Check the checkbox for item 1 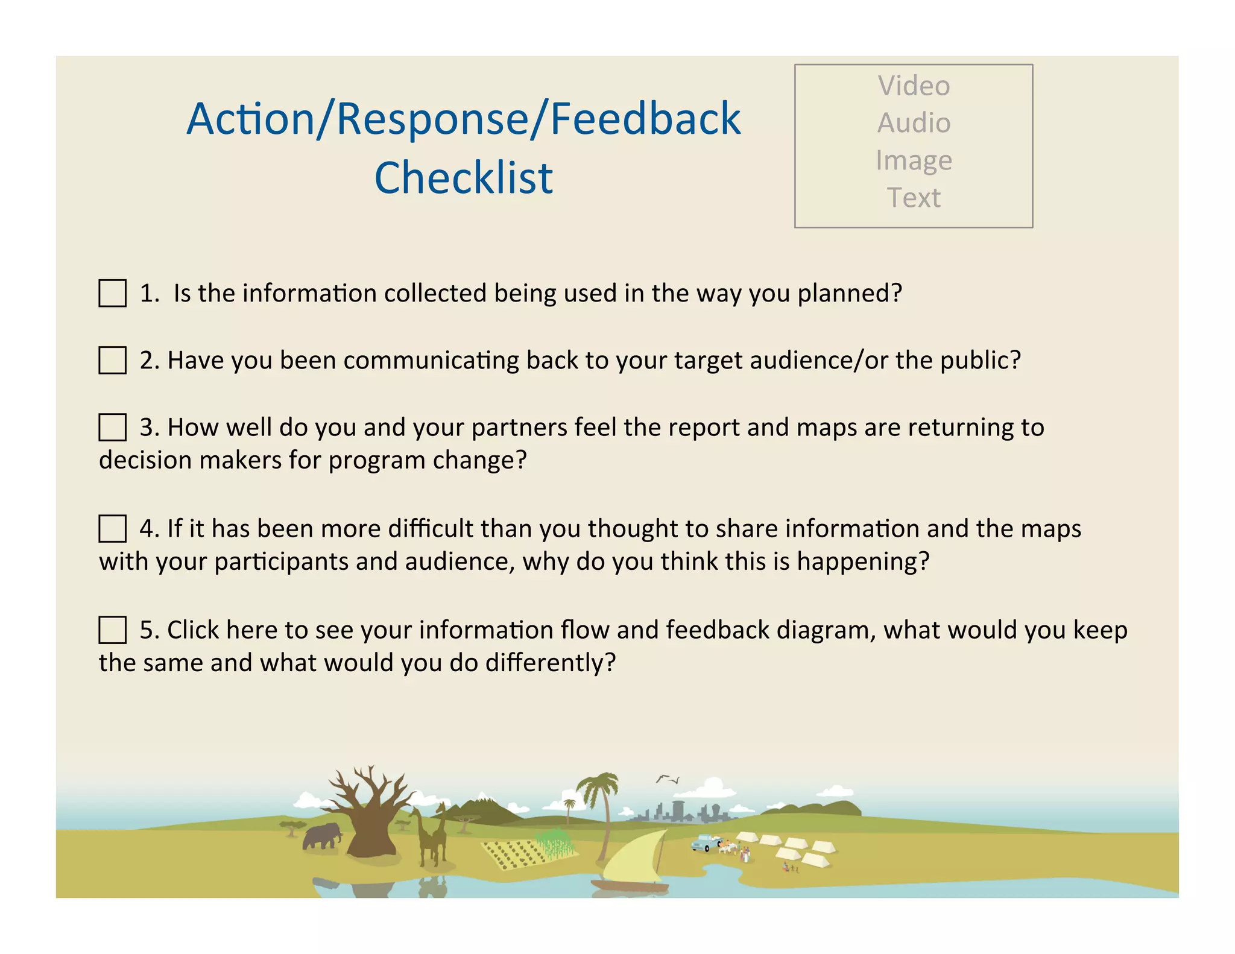click(x=112, y=293)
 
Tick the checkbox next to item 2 click(x=112, y=360)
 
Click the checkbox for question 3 click(x=112, y=427)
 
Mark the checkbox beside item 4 click(x=112, y=528)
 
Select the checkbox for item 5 click(x=112, y=630)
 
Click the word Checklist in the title click(x=463, y=178)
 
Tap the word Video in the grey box click(x=914, y=86)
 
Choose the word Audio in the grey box click(x=914, y=123)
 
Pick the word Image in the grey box click(x=914, y=160)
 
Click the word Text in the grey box click(x=914, y=198)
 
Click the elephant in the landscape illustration click(x=322, y=836)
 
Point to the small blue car click(x=706, y=842)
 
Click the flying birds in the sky click(x=668, y=780)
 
